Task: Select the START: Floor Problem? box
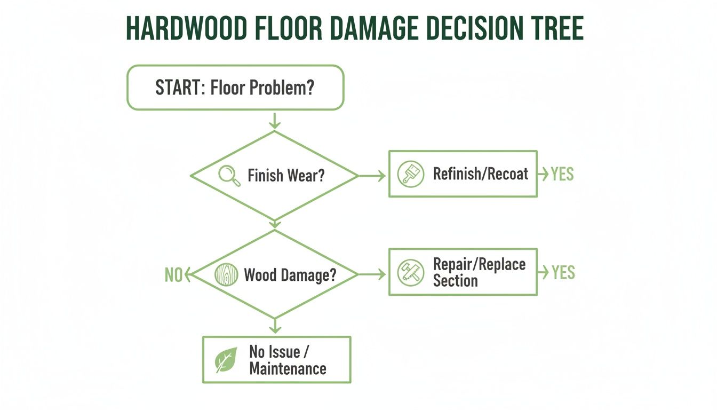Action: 235,88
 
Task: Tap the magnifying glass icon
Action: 227,175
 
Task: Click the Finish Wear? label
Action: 286,175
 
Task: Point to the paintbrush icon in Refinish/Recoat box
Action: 411,174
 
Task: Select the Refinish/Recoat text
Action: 480,174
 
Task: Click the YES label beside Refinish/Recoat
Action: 562,174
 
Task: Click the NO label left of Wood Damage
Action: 173,275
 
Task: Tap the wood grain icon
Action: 226,274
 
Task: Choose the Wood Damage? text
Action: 290,275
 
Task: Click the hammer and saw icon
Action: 411,272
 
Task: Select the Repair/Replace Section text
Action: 479,272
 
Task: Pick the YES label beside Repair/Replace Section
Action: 563,273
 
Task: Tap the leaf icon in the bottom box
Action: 226,360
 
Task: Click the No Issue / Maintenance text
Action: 288,360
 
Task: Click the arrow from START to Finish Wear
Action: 275,120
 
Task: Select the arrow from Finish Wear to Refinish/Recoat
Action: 372,175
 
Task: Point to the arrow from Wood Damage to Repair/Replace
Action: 372,274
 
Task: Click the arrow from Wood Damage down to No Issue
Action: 275,325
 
